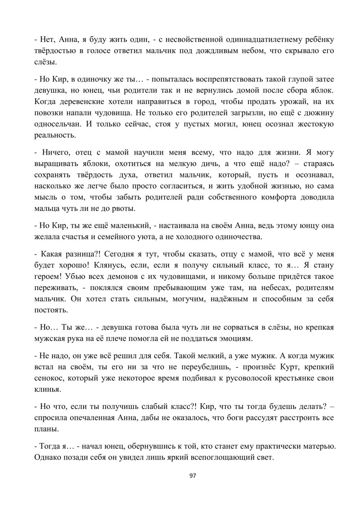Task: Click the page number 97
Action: (x=193, y=476)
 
